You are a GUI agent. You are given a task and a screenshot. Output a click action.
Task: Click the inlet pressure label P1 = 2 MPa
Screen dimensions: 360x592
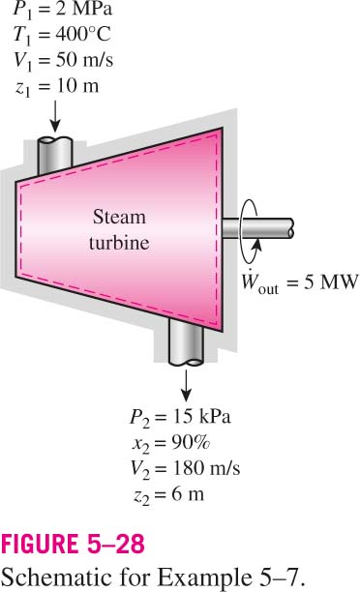pos(63,9)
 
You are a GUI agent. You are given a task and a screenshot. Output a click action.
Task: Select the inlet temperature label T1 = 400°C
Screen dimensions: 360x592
pos(62,35)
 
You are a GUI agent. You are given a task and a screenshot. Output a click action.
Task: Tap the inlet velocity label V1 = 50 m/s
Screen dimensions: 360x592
pos(63,60)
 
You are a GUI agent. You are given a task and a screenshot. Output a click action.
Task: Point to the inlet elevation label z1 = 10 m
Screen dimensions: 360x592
pos(57,86)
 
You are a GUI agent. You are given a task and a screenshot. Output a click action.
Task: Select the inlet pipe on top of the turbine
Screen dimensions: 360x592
pos(55,156)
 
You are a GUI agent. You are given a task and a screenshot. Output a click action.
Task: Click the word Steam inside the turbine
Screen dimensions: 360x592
pos(119,217)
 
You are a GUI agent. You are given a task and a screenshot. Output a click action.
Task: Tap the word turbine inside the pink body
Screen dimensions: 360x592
pos(119,243)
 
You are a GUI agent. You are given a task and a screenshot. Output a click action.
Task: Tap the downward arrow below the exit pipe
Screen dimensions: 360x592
pos(186,386)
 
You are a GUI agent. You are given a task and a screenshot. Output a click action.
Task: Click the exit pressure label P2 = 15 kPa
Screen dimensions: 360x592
pos(180,418)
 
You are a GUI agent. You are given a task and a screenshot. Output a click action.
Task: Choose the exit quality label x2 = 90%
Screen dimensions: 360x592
pos(171,443)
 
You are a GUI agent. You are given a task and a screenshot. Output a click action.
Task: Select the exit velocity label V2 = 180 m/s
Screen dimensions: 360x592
pos(185,469)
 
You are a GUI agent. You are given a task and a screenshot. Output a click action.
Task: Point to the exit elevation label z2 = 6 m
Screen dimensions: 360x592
pos(168,495)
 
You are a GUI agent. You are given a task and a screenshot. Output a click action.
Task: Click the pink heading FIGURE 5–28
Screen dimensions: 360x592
pos(73,544)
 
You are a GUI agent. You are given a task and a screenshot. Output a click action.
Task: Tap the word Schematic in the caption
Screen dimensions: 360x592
pos(58,577)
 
